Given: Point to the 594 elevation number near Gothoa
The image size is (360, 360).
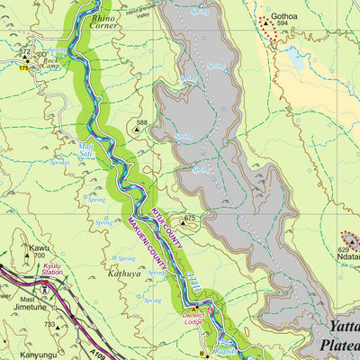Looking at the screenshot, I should coord(283,24).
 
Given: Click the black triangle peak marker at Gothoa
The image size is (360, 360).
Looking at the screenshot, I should coord(271,25).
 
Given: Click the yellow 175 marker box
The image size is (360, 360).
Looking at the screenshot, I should coord(22,67).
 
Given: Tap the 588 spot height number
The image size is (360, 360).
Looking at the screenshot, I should coord(141,122).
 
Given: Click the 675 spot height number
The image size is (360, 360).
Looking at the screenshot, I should coord(190,217).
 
